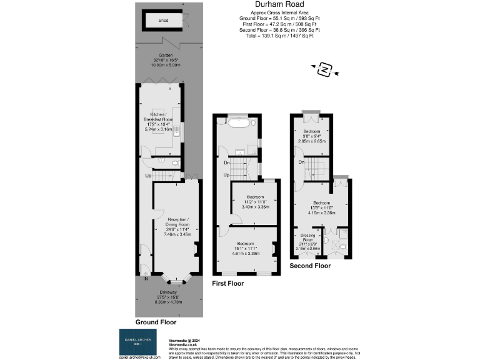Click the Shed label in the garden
click(163, 21)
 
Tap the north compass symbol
click(324, 69)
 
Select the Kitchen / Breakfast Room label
click(159, 118)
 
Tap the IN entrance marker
click(146, 279)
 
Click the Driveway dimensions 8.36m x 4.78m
click(167, 301)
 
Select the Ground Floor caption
click(156, 322)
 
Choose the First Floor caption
click(227, 283)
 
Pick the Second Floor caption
click(310, 266)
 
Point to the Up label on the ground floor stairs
click(148, 176)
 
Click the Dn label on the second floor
click(301, 162)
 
